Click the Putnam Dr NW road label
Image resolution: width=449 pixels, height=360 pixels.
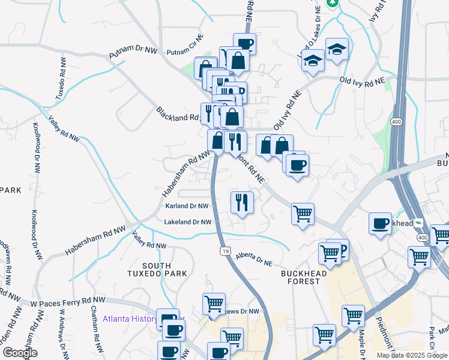click(133, 51)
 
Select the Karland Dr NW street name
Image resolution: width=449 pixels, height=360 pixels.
click(187, 206)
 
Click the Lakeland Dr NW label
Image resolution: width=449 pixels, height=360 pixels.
click(188, 222)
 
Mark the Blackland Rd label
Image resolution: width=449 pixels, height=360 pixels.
click(177, 114)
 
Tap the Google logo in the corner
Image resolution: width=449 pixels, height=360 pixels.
click(20, 353)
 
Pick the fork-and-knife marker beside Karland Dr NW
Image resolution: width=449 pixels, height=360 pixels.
click(242, 202)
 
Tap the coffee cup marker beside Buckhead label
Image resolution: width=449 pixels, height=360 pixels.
click(380, 223)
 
